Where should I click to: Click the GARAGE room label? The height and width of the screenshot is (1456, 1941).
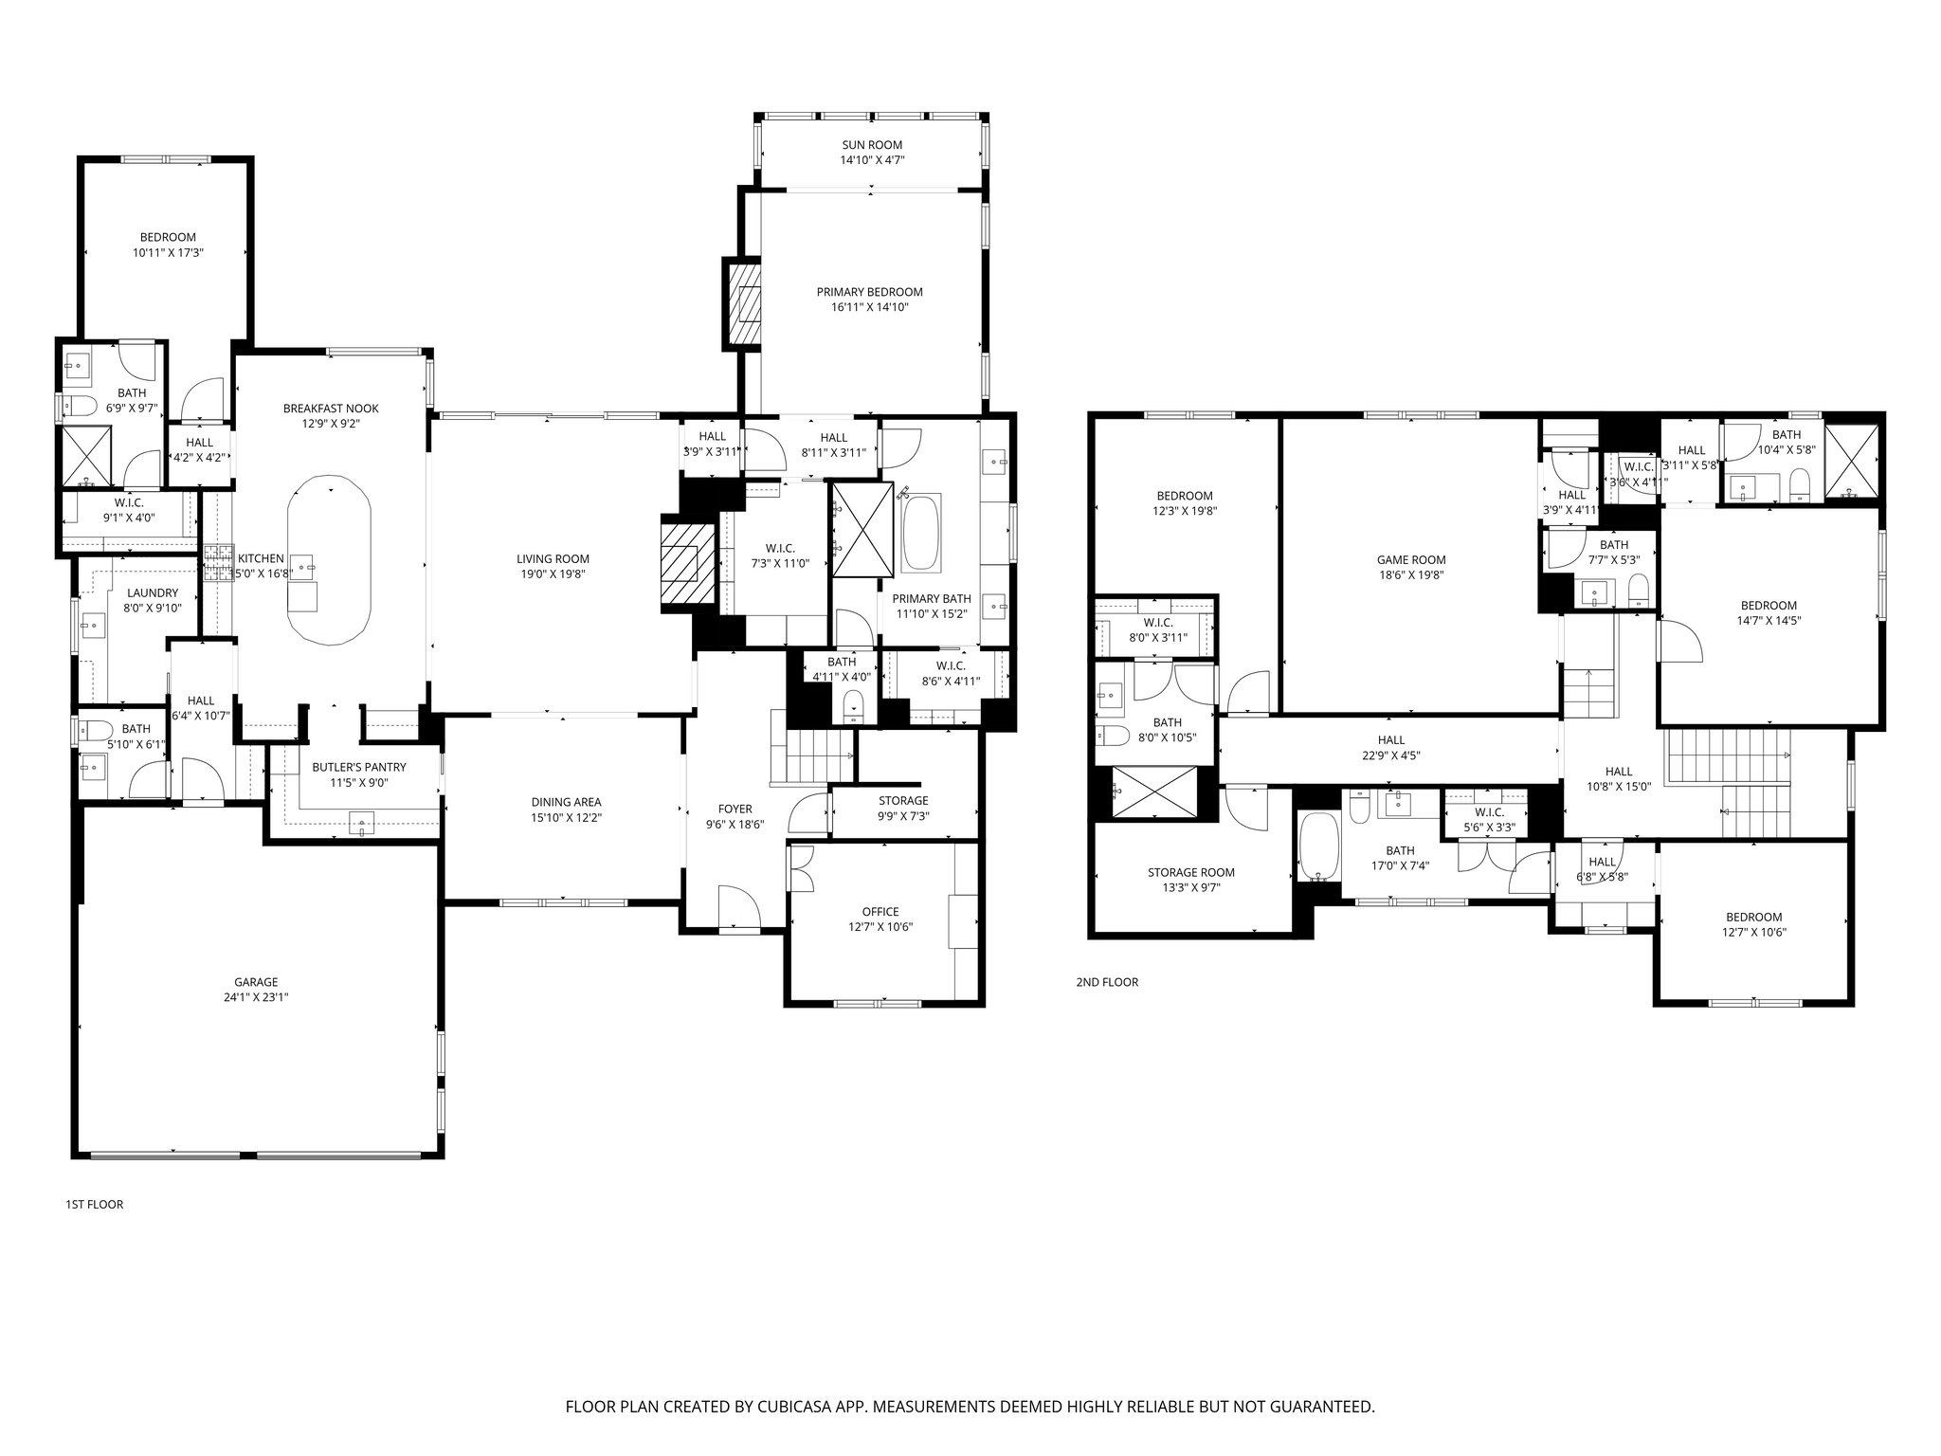click(256, 982)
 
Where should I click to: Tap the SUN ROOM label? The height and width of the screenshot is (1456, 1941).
click(871, 145)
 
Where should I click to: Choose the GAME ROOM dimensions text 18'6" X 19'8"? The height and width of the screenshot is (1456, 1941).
click(1411, 574)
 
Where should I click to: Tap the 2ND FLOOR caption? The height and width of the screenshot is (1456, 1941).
click(1106, 982)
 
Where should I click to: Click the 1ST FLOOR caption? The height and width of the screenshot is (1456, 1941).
click(94, 1205)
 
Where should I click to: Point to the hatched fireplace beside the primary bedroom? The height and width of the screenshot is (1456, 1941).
click(745, 303)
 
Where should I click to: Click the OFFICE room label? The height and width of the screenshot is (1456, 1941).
click(880, 912)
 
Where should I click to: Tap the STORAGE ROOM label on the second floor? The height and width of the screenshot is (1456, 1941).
click(1190, 872)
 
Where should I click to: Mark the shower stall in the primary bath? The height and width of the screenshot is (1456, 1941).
click(862, 528)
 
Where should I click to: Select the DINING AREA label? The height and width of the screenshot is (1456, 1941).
click(566, 802)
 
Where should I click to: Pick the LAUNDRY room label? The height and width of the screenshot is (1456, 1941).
click(152, 593)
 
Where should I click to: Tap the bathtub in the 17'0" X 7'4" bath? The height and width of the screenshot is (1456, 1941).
click(1316, 846)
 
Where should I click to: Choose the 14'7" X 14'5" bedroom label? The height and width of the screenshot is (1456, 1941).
click(1769, 606)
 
